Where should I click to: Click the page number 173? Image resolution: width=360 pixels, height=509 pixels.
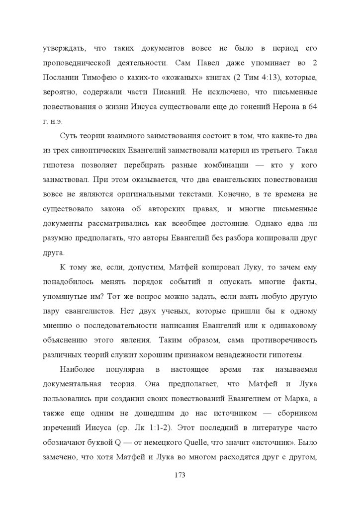click(180, 475)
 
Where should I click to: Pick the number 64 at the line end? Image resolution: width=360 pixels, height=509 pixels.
click(313, 106)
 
